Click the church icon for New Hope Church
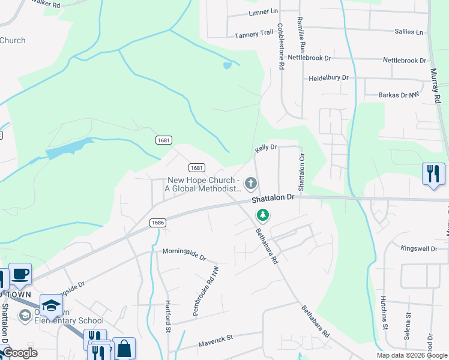pos(251,182)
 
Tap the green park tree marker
pos(262,214)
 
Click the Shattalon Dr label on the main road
pos(273,197)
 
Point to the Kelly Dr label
pos(265,147)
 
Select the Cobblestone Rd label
pos(280,47)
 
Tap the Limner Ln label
pos(264,11)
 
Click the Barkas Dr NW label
pos(401,95)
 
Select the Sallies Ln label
pos(411,31)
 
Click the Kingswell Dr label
pos(420,248)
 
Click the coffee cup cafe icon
pos(20,274)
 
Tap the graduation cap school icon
pos(52,305)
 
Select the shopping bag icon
pos(124,348)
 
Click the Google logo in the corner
pos(19,353)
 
